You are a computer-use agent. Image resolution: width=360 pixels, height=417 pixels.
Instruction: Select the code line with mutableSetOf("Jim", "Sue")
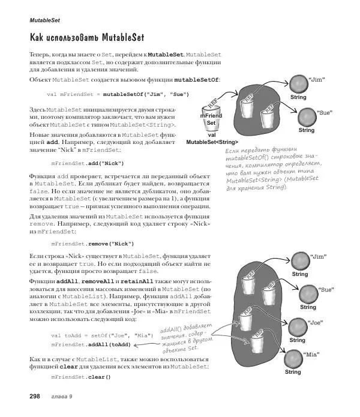click(118, 94)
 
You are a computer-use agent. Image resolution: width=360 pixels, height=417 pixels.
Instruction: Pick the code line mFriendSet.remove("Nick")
click(92, 243)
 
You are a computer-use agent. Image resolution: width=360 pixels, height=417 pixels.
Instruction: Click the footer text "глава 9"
click(62, 397)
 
